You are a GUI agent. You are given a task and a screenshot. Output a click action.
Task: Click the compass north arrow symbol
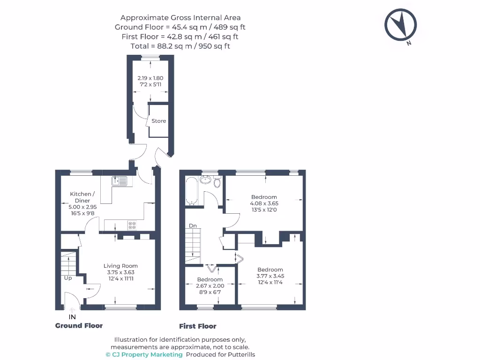(x=401, y=24)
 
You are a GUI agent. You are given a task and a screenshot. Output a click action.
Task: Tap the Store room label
(x=158, y=121)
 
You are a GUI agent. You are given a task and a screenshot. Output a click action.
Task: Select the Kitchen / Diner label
(x=82, y=197)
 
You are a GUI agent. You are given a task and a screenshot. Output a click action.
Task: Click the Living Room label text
(x=120, y=266)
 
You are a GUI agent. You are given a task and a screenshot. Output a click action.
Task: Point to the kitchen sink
(x=120, y=180)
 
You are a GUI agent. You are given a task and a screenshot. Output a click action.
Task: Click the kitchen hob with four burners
(x=132, y=225)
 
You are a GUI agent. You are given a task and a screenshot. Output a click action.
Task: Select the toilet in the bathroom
(x=217, y=182)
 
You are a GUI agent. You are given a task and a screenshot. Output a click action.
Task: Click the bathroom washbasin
(x=205, y=180)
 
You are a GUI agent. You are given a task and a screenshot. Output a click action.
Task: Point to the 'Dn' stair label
(x=193, y=226)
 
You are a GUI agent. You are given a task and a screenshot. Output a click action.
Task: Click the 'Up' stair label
(x=68, y=278)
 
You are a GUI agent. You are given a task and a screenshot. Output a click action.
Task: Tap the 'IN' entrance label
(x=72, y=317)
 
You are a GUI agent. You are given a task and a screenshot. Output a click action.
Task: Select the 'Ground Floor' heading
(x=79, y=325)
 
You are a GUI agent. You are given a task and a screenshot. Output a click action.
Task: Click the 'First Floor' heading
(x=198, y=326)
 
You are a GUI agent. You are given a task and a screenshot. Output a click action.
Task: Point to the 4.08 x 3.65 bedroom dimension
(x=264, y=203)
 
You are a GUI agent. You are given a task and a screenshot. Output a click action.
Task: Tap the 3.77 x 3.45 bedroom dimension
(x=270, y=276)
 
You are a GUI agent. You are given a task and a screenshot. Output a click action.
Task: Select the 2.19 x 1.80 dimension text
(x=150, y=78)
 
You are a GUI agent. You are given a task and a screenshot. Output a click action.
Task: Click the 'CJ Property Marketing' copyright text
(x=144, y=355)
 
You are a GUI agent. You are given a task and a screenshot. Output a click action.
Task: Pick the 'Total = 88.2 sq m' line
(x=180, y=46)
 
